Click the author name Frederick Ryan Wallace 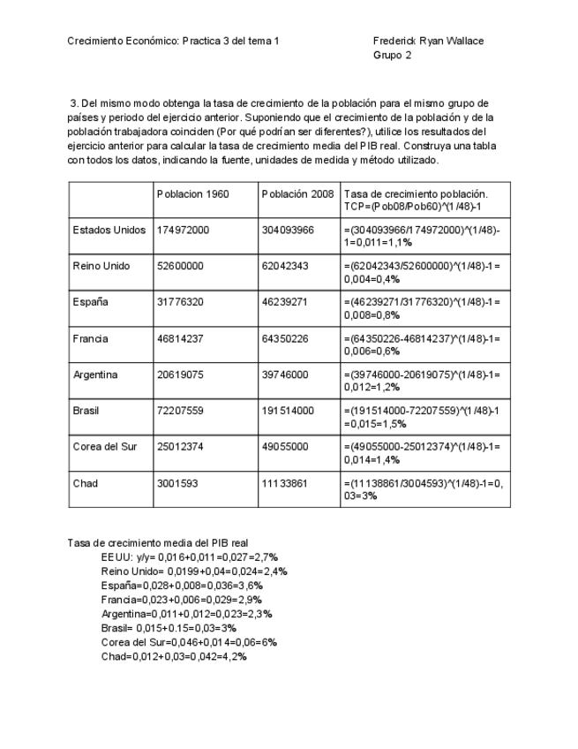(428, 41)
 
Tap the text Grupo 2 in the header (393, 55)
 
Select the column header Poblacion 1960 (192, 193)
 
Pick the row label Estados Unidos (109, 230)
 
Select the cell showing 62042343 (288, 266)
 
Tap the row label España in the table (91, 302)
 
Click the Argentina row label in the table (95, 374)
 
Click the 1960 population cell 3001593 (179, 483)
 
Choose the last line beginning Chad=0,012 (174, 656)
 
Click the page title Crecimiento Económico (173, 41)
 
